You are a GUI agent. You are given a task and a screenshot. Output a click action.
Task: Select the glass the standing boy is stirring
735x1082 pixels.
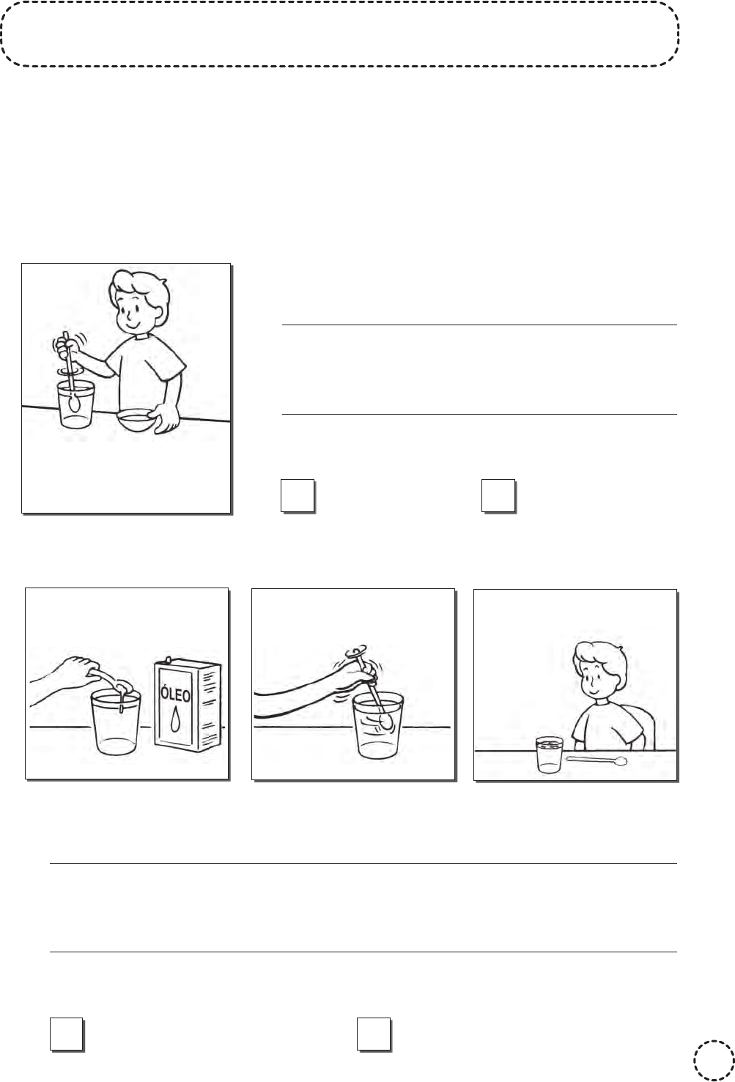[76, 405]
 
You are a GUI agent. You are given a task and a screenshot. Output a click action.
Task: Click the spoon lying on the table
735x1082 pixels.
[597, 761]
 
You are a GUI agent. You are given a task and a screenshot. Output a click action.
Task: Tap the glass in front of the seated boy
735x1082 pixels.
[550, 755]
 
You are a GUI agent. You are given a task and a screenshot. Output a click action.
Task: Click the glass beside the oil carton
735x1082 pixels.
[117, 722]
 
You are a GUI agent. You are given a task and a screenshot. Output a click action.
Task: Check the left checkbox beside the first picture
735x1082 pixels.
[298, 496]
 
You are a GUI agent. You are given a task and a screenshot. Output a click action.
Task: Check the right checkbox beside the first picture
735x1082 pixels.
[498, 496]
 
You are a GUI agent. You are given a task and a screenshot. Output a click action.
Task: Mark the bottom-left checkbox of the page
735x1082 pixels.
[67, 1034]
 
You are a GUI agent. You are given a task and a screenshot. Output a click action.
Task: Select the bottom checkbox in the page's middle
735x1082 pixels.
[374, 1034]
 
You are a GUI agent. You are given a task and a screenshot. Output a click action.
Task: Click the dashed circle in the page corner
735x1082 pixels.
[714, 1060]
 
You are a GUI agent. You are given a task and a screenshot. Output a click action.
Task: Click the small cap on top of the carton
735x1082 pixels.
[168, 659]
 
